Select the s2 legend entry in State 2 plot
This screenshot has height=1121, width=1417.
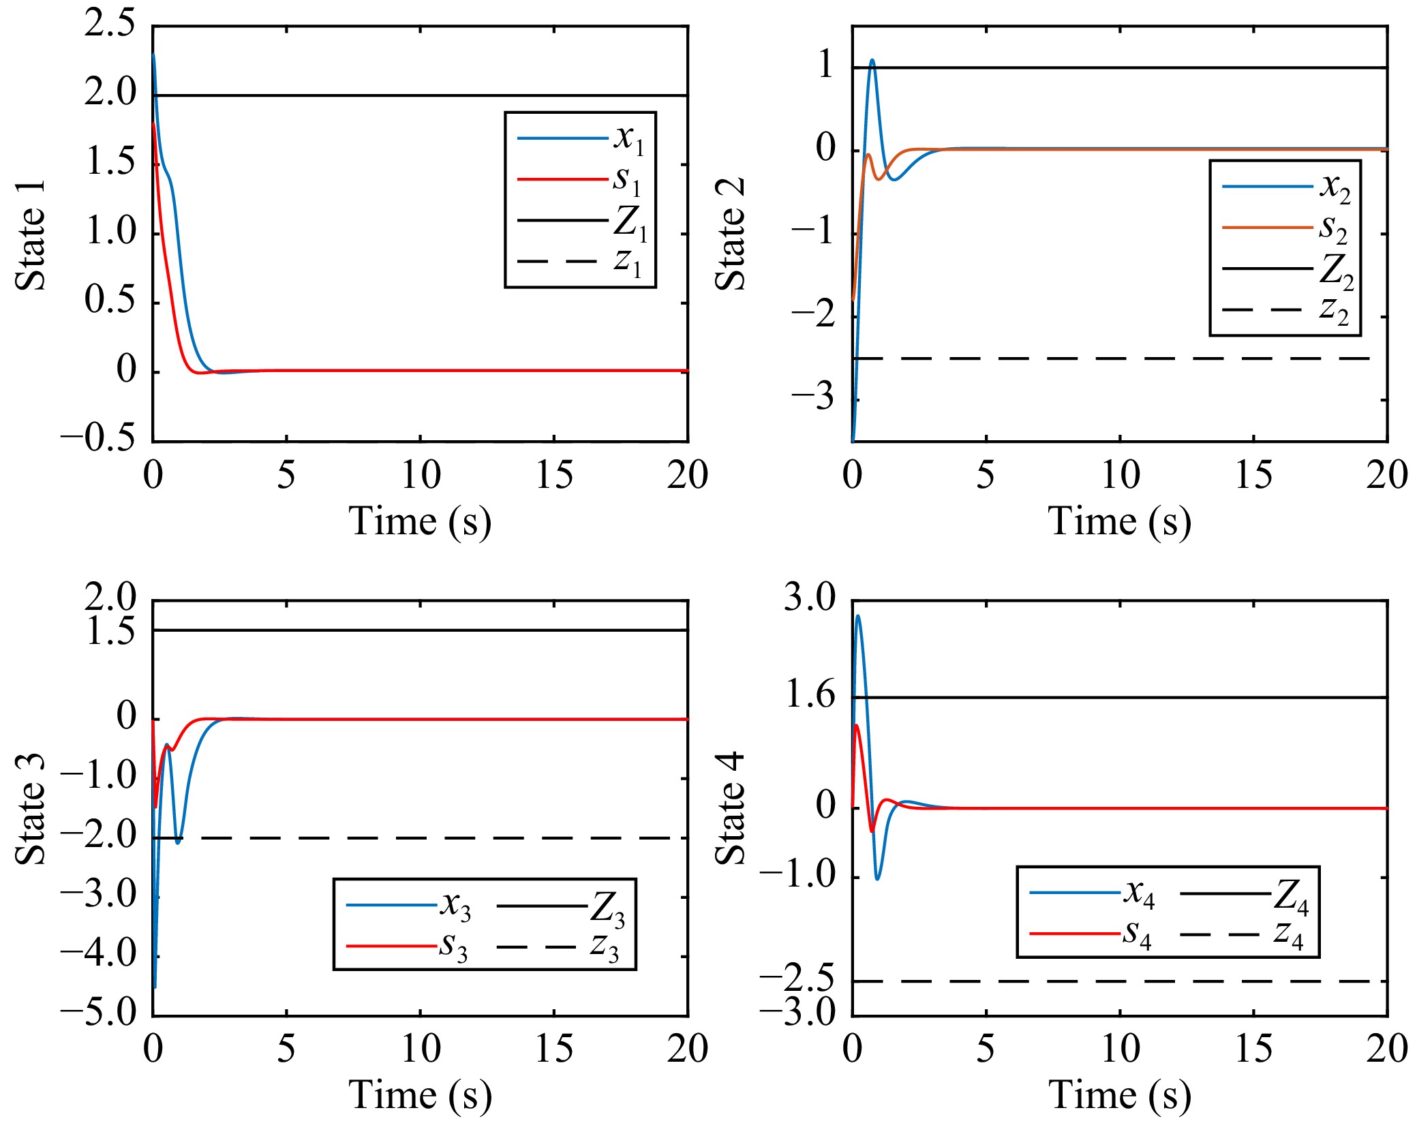point(1285,227)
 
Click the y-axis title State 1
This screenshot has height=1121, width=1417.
point(31,235)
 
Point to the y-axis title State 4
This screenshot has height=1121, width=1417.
point(730,809)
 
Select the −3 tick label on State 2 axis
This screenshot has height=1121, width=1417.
point(813,396)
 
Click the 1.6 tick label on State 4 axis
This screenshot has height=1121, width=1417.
point(810,695)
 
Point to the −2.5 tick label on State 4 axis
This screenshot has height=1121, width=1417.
point(797,979)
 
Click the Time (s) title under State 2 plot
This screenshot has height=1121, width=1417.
point(1120,523)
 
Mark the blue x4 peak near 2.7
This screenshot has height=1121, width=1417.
point(857,617)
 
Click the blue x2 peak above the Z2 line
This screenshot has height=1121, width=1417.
point(872,61)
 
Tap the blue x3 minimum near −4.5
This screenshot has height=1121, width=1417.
point(155,986)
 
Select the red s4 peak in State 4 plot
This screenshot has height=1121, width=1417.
point(857,726)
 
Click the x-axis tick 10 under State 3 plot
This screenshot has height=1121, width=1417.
point(421,1049)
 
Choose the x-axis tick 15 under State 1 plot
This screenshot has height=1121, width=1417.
point(554,475)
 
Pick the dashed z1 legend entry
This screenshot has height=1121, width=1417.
point(579,261)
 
